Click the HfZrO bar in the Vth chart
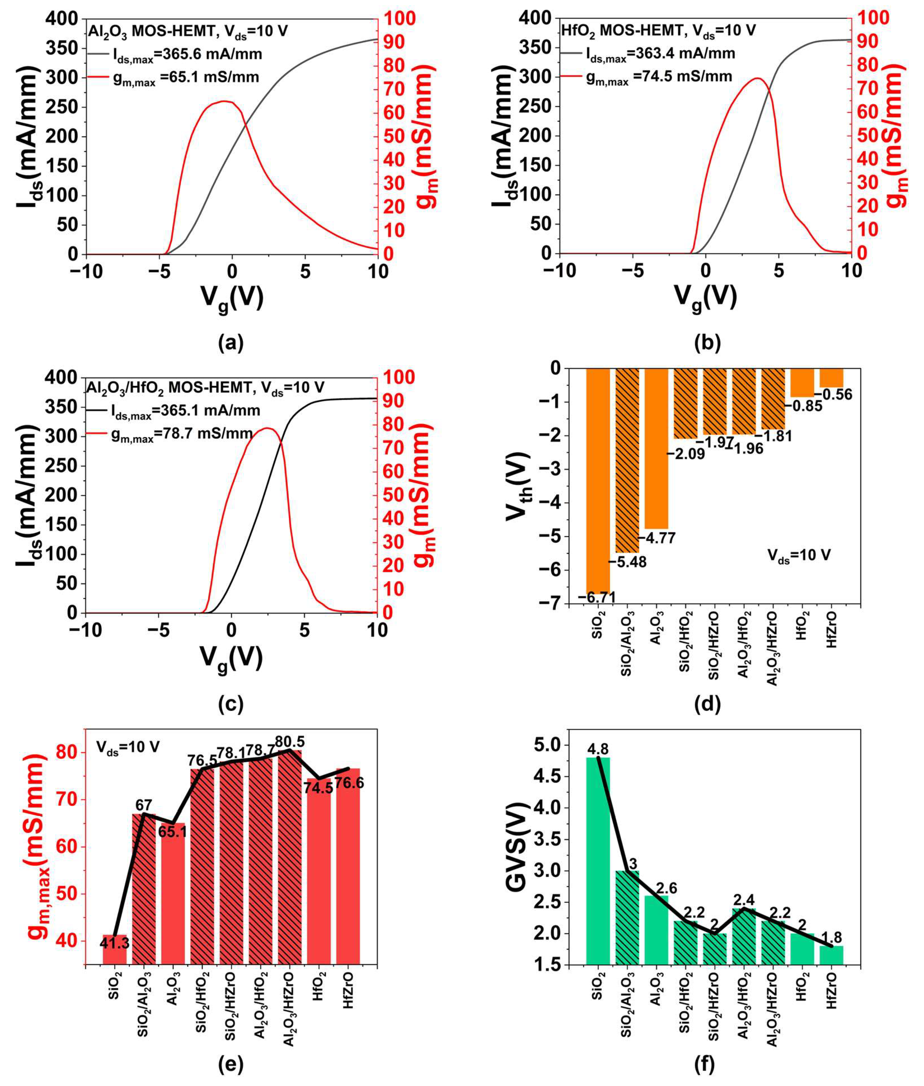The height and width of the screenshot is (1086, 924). (831, 377)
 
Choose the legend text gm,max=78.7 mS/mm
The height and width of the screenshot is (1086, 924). (182, 434)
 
